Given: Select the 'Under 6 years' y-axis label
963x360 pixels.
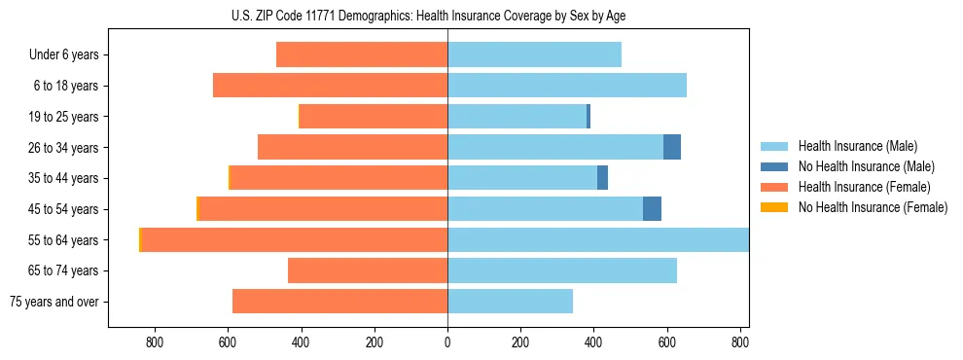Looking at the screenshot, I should [x=63, y=54].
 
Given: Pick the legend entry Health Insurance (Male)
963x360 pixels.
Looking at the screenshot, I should [x=857, y=146].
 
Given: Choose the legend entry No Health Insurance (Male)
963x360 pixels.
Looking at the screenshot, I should [x=866, y=166].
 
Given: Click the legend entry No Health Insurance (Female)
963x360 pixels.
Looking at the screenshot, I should [x=873, y=207].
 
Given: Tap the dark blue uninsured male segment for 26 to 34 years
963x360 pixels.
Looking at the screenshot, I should [x=672, y=147].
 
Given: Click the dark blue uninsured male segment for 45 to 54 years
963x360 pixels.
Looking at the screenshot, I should [x=652, y=209].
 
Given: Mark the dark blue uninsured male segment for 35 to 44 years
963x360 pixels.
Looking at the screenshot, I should [x=602, y=178].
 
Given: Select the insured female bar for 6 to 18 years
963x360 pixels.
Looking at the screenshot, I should [x=331, y=86].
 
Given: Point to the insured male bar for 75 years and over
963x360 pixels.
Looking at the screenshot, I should [x=510, y=302].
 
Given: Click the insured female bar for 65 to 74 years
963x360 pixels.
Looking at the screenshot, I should [x=368, y=270].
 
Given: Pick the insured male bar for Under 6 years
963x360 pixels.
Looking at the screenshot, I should [x=534, y=54].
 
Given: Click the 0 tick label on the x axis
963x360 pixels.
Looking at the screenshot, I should [x=447, y=342].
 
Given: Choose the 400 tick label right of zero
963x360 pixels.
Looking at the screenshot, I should [x=593, y=342].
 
